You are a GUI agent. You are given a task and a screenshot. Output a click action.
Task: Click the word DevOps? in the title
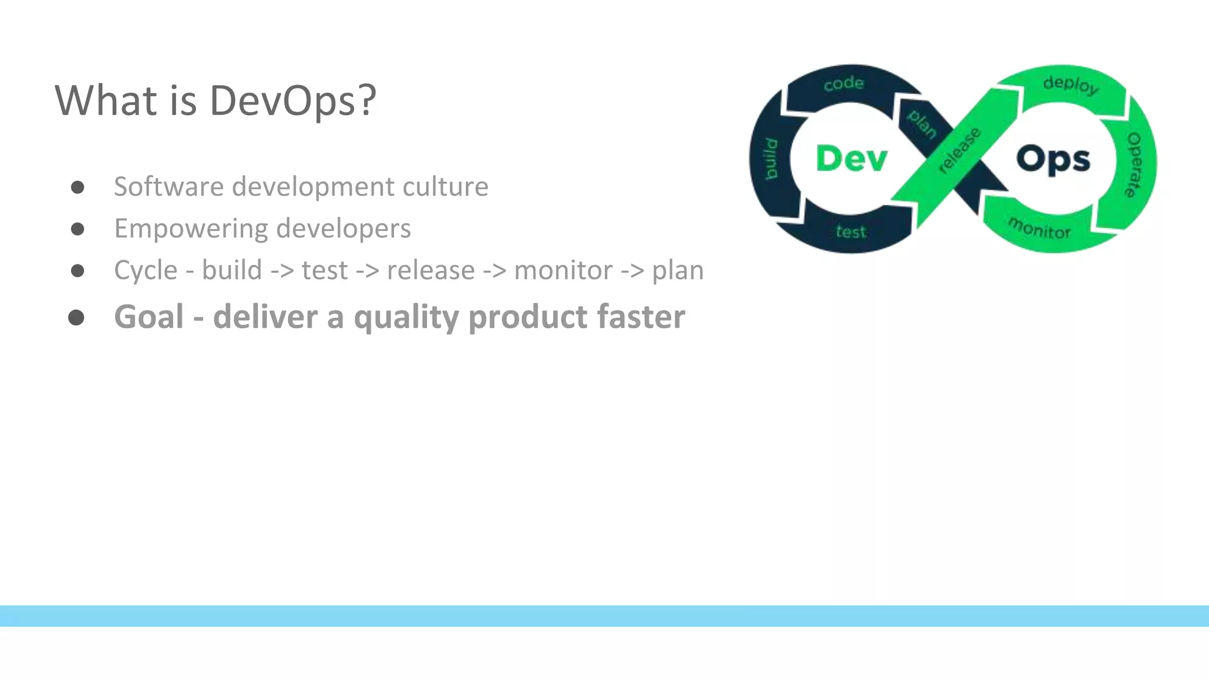point(292,100)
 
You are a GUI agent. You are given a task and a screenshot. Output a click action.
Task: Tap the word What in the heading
point(107,100)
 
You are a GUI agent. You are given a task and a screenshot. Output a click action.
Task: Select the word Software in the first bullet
point(168,187)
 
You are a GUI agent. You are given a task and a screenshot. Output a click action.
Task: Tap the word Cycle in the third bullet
point(145,270)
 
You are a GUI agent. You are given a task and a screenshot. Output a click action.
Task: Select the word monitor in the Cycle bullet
point(563,270)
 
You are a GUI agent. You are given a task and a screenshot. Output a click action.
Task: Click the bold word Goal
point(149,316)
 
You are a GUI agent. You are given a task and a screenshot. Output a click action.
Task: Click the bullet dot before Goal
point(76,318)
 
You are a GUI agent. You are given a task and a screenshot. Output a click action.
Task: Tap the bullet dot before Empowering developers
point(77,228)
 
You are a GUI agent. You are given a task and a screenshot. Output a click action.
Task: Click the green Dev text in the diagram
point(851,159)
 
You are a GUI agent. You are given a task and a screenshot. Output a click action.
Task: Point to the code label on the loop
point(844,84)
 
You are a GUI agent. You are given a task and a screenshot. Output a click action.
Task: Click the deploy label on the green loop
point(1070,85)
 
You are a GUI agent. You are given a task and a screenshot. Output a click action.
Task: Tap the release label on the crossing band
point(959,150)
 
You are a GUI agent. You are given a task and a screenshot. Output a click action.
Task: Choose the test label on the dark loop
point(851,232)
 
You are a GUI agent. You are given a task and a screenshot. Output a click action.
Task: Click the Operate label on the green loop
point(1133,165)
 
